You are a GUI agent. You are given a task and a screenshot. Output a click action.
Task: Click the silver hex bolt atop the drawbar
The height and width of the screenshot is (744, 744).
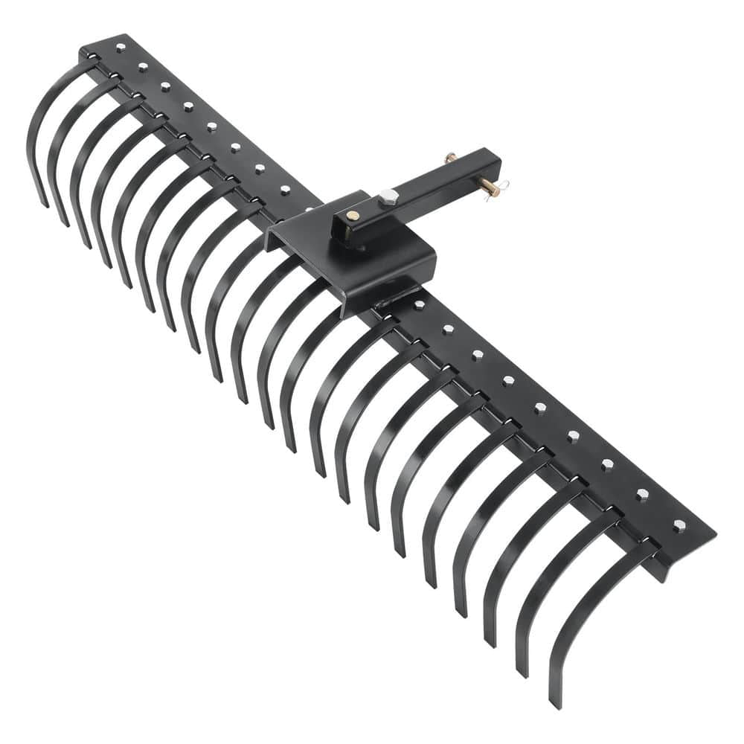coord(388,196)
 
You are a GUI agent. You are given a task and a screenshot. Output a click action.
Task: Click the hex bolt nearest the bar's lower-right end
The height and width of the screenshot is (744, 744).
coord(679,525)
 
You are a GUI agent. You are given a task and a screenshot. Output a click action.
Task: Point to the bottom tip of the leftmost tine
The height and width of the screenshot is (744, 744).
coord(45,204)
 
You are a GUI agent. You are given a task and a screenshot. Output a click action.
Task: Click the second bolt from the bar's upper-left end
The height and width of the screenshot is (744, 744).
coord(142,67)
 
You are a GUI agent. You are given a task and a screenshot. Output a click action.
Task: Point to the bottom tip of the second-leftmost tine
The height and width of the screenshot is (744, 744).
coord(65,222)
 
